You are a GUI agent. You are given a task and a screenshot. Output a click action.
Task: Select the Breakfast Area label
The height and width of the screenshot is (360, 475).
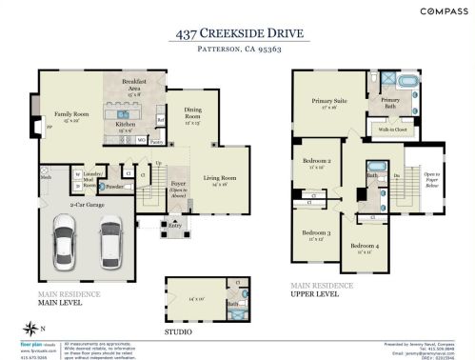click(x=134, y=86)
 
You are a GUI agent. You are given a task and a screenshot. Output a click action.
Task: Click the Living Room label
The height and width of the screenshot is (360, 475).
click(x=220, y=178)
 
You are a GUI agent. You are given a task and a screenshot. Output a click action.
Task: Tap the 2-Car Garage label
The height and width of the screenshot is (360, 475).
click(x=85, y=204)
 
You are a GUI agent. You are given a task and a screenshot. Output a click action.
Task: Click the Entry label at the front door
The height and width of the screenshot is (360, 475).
click(x=173, y=227)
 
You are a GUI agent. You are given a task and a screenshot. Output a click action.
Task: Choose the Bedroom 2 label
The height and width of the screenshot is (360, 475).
click(x=316, y=162)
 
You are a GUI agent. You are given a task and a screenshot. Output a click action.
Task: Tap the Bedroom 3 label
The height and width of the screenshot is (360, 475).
click(x=316, y=233)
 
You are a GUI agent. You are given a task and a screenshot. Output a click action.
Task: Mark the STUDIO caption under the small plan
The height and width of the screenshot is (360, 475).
click(x=178, y=332)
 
